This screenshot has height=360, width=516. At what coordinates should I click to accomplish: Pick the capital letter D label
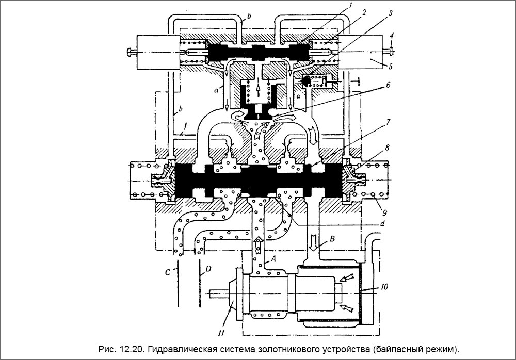click(x=208, y=269)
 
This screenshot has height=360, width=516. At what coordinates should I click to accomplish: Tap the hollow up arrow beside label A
click(x=257, y=242)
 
